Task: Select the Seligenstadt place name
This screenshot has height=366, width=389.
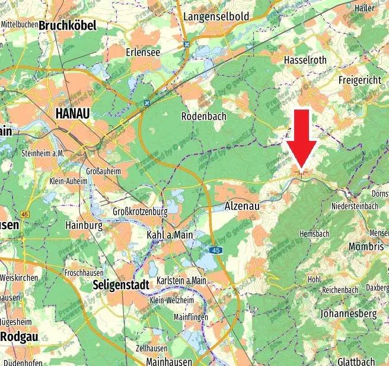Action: pos(121,285)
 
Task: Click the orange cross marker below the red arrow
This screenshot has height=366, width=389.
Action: pos(302,173)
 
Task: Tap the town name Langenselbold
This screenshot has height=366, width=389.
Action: pos(216,17)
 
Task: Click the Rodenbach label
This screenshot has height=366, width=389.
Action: pos(203,116)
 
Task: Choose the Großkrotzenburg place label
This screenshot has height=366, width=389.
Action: pos(141,211)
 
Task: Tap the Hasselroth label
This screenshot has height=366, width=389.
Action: pos(305,60)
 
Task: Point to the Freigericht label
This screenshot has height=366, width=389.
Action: pos(359,79)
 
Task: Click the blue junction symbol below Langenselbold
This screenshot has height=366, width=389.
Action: pos(187,44)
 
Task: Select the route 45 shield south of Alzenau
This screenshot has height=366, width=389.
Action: pos(216,251)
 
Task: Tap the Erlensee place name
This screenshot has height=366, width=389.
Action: pos(143,52)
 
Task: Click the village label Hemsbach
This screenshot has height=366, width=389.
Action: pos(314,234)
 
